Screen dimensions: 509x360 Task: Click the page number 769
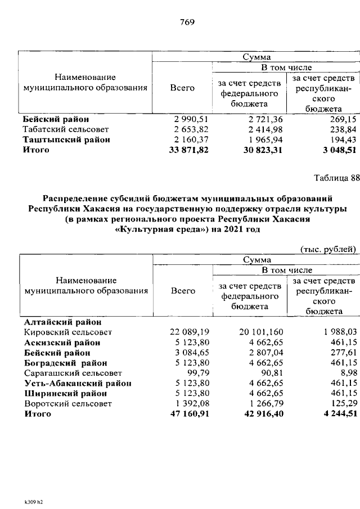(x=187, y=22)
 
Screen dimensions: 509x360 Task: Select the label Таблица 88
(x=335, y=179)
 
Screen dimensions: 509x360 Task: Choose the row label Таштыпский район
(x=66, y=139)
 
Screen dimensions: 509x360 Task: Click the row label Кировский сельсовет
(x=67, y=332)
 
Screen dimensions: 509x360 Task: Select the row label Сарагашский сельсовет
(x=69, y=373)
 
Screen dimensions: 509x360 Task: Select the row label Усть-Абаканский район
(x=77, y=383)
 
